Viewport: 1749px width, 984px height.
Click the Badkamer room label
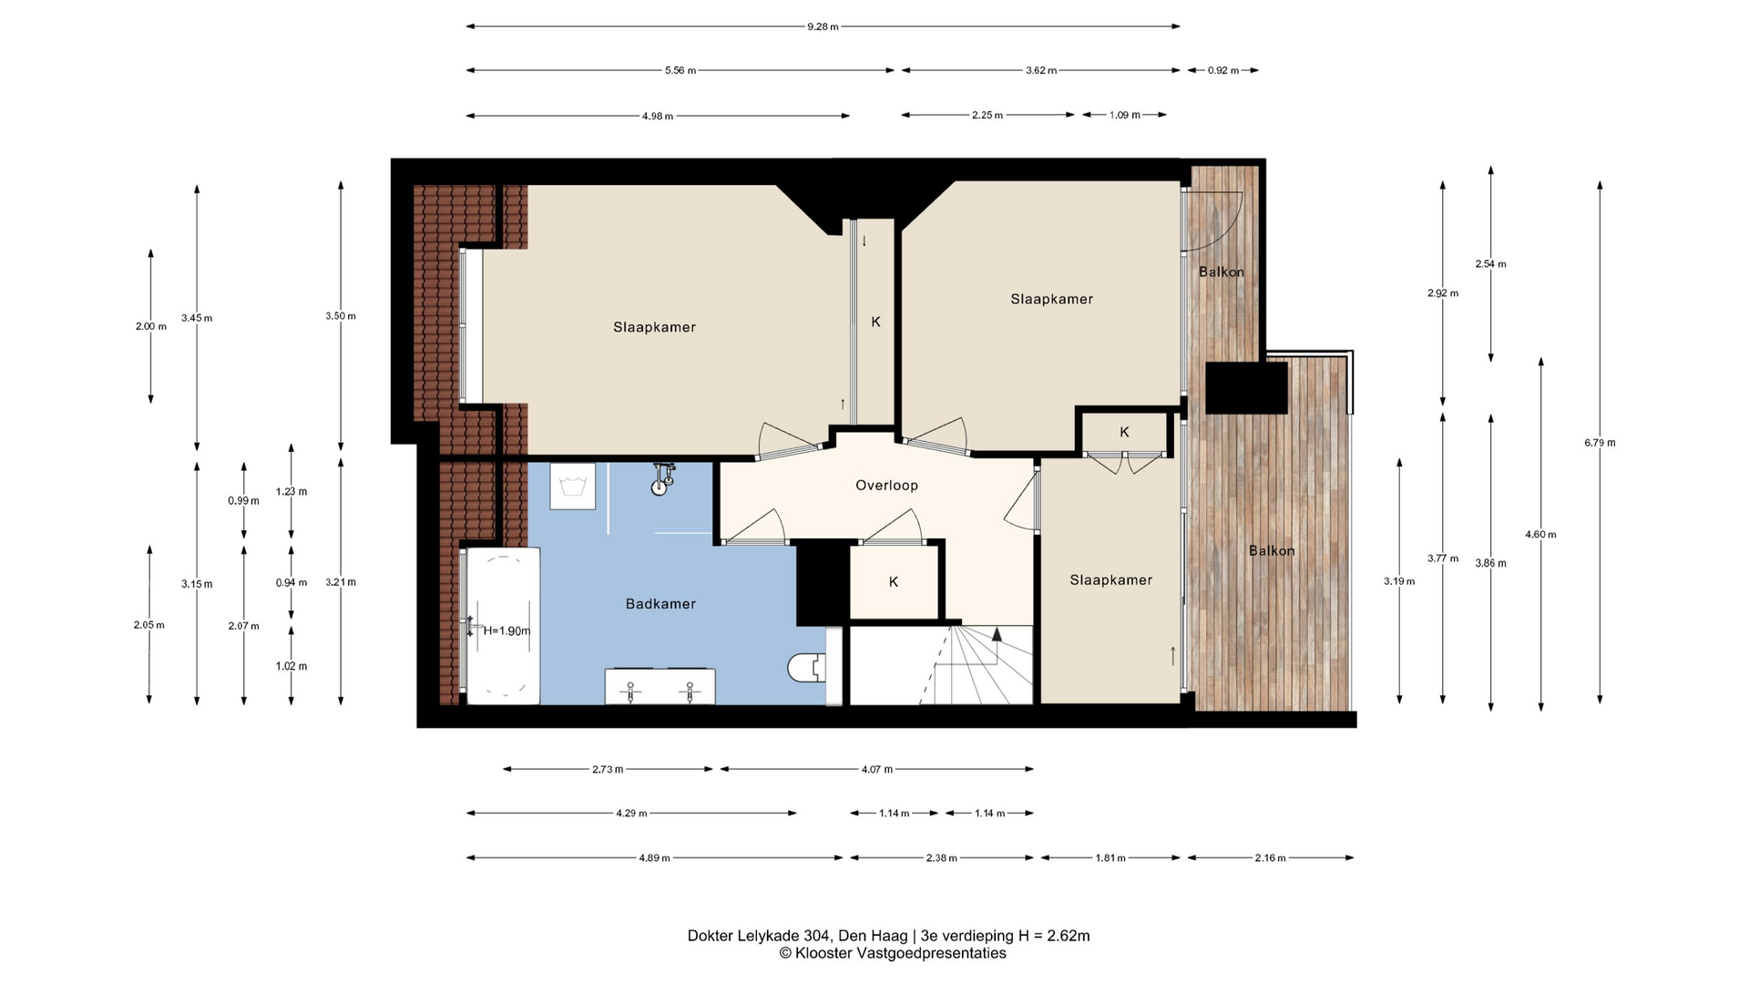pos(660,604)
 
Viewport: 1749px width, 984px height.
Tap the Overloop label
pos(886,486)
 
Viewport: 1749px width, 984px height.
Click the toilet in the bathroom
pos(807,668)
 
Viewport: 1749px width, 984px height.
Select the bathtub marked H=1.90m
pos(503,625)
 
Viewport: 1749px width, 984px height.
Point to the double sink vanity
pos(660,687)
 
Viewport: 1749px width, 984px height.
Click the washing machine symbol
pos(573,487)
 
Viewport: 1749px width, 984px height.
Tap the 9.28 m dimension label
pos(823,26)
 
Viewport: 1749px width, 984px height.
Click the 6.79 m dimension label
pos(1600,443)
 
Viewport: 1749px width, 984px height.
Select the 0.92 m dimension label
pos(1223,70)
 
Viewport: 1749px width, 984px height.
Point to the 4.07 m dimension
pos(877,769)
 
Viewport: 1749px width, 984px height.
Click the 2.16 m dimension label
pos(1270,857)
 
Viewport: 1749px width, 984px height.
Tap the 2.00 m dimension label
pos(151,326)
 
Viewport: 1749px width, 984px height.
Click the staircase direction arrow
pos(997,634)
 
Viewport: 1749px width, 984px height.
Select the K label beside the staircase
pos(894,582)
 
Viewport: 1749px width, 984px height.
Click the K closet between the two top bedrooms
pos(875,322)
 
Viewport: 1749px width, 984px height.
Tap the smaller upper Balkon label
pos(1222,272)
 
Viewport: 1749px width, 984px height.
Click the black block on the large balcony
pos(1246,388)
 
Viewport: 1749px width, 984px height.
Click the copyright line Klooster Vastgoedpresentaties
pos(893,953)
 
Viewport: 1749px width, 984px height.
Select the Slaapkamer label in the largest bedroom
pos(654,327)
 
